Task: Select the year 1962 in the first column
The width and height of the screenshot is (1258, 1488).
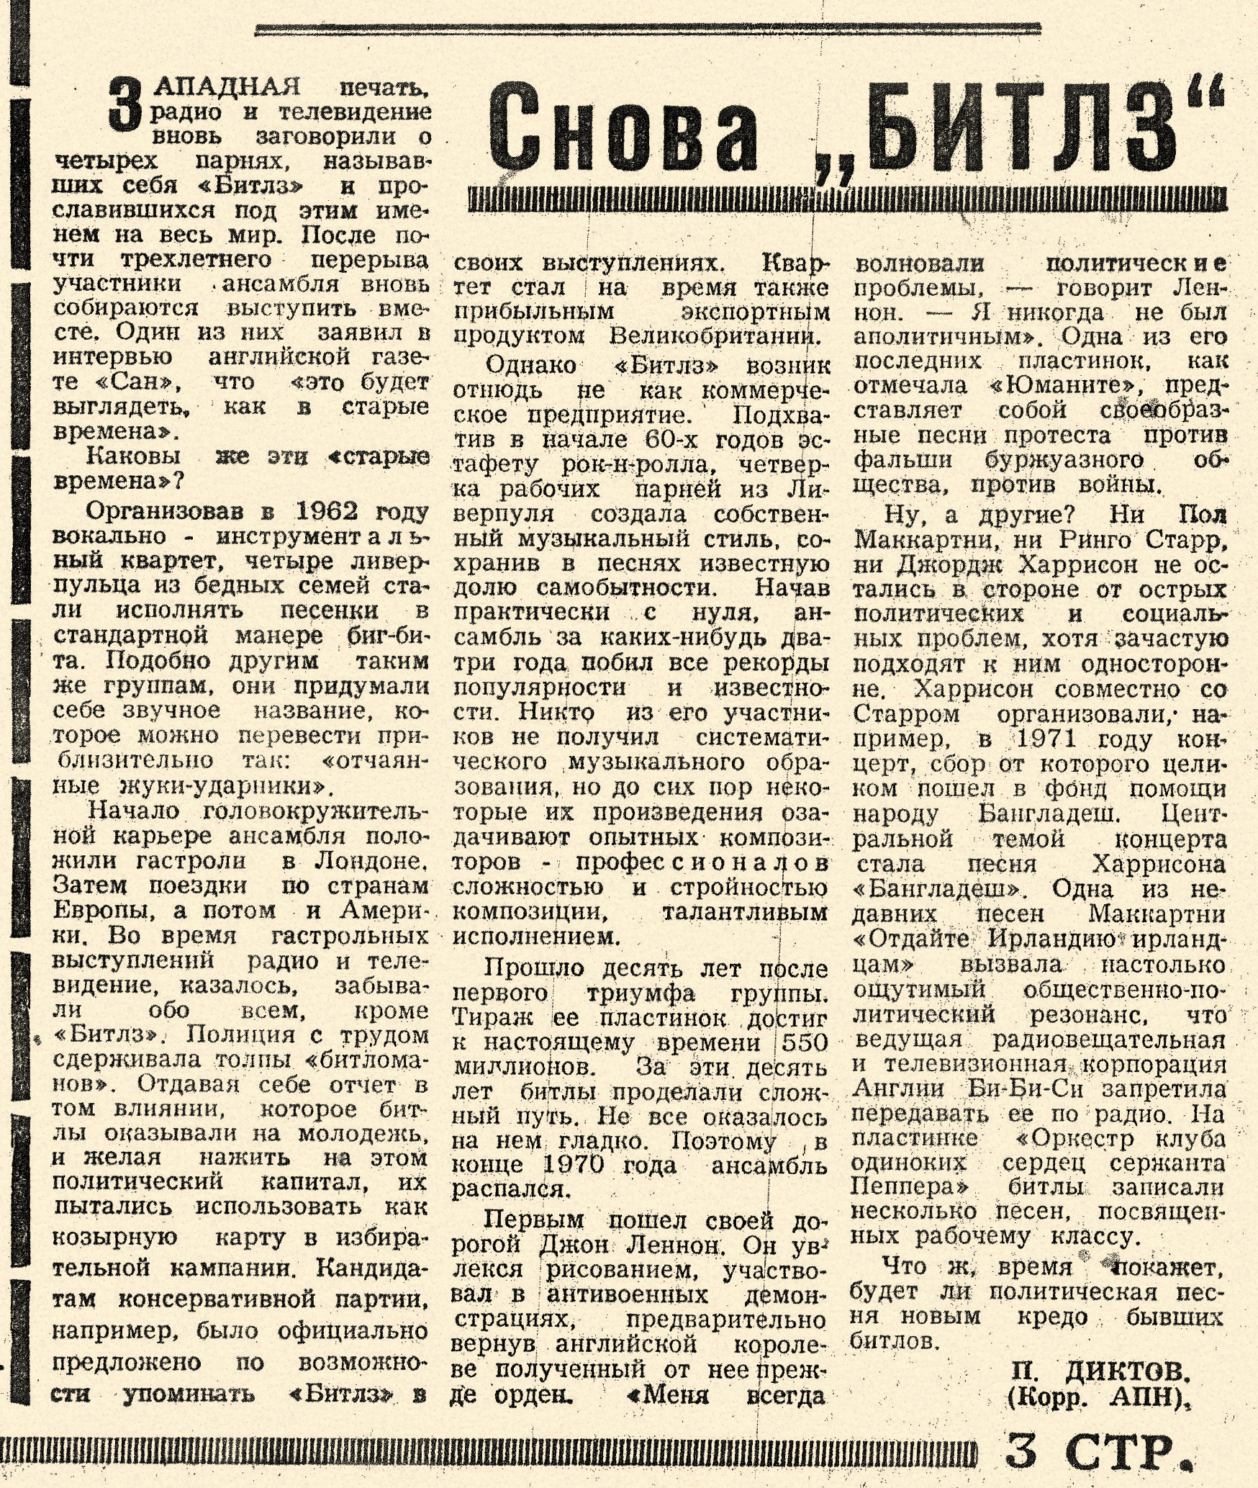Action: tap(327, 511)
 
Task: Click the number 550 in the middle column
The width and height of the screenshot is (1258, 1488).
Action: tap(805, 1042)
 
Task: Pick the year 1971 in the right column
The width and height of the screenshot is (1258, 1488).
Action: tap(1044, 739)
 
